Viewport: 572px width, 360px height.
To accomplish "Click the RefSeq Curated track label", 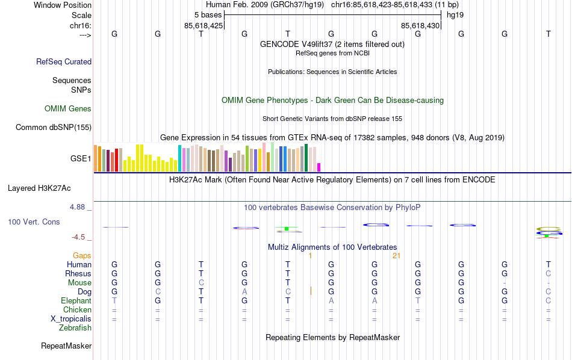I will (64, 61).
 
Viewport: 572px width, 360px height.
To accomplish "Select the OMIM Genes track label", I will (68, 109).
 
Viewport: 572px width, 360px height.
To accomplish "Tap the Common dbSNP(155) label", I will (54, 127).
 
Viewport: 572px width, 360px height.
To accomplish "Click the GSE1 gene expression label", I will (81, 159).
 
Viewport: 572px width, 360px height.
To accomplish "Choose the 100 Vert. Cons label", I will (34, 222).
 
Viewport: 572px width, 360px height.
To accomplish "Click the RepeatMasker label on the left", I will (66, 346).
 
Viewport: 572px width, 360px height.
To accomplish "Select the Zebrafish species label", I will (75, 328).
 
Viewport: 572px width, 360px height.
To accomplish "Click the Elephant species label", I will (76, 301).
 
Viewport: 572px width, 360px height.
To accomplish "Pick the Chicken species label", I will (77, 310).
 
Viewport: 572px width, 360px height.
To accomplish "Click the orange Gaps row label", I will (82, 256).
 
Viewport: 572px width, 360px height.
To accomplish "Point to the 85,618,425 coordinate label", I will (204, 26).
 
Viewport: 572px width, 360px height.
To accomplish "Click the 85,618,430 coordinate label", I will (420, 26).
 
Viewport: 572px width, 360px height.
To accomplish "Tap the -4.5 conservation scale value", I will (81, 237).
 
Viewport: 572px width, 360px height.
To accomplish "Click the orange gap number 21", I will (396, 256).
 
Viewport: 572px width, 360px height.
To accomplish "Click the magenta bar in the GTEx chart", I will (319, 167).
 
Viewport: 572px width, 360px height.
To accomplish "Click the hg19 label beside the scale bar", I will (455, 14).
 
